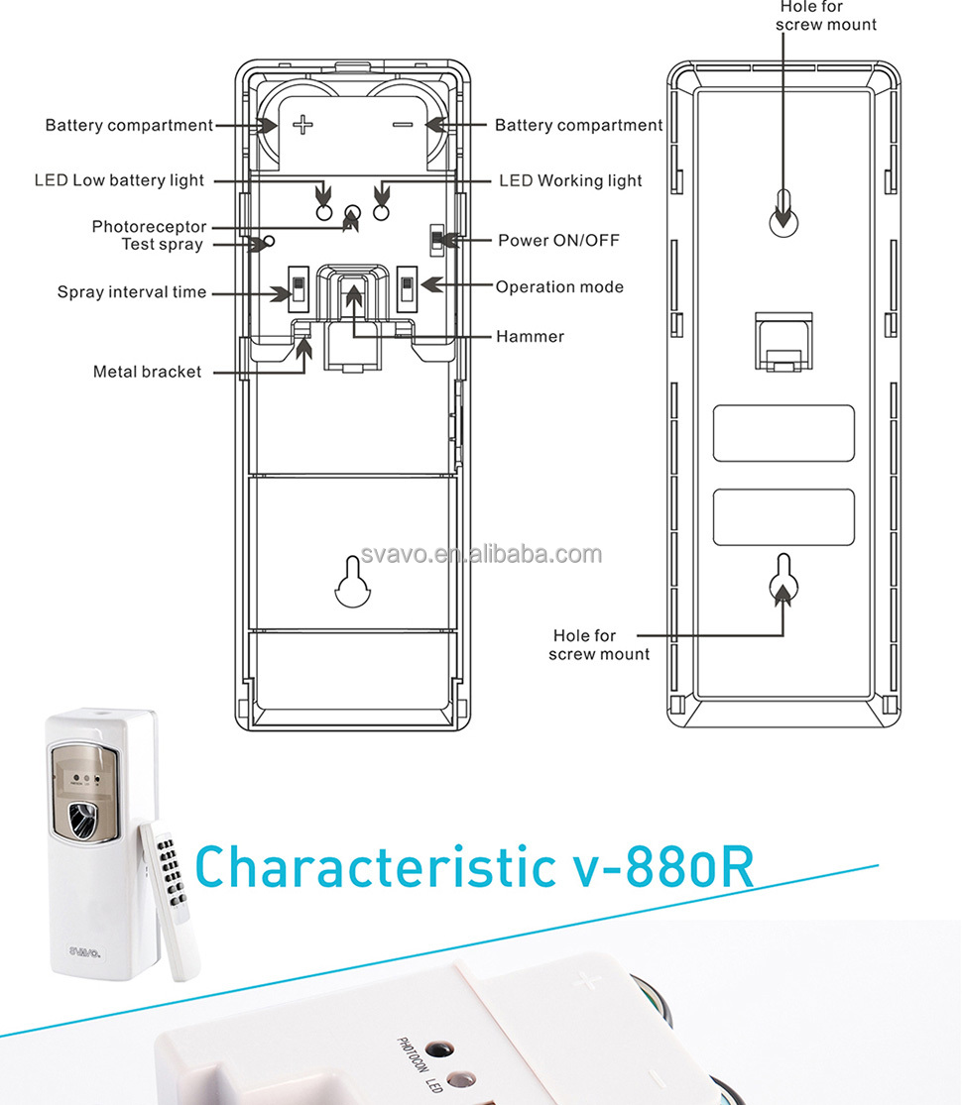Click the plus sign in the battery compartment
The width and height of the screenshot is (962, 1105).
coord(303,125)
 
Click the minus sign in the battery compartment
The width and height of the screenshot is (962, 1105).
coord(403,125)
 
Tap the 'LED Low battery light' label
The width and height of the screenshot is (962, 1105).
coord(119,180)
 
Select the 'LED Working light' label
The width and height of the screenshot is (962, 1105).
coord(570,180)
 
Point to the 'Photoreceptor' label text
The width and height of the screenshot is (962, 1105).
coord(149,227)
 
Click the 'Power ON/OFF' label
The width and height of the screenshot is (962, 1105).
coord(558,240)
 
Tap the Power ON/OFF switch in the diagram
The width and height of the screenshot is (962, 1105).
coord(437,240)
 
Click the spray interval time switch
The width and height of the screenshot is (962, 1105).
coord(299,288)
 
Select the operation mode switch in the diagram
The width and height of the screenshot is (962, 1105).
coord(407,288)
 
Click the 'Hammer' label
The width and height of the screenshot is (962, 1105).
coord(530,336)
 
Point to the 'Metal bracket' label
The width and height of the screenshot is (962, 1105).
coord(147,372)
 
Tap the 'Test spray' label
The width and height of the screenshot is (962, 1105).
coord(163,245)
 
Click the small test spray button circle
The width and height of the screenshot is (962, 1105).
coord(269,241)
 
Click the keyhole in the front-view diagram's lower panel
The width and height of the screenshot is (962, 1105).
coord(353,582)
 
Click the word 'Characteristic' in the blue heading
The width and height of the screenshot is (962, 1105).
coord(376,866)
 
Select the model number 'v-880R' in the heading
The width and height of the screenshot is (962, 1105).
coord(662,866)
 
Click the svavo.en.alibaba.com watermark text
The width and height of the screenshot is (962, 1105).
coord(482,555)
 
